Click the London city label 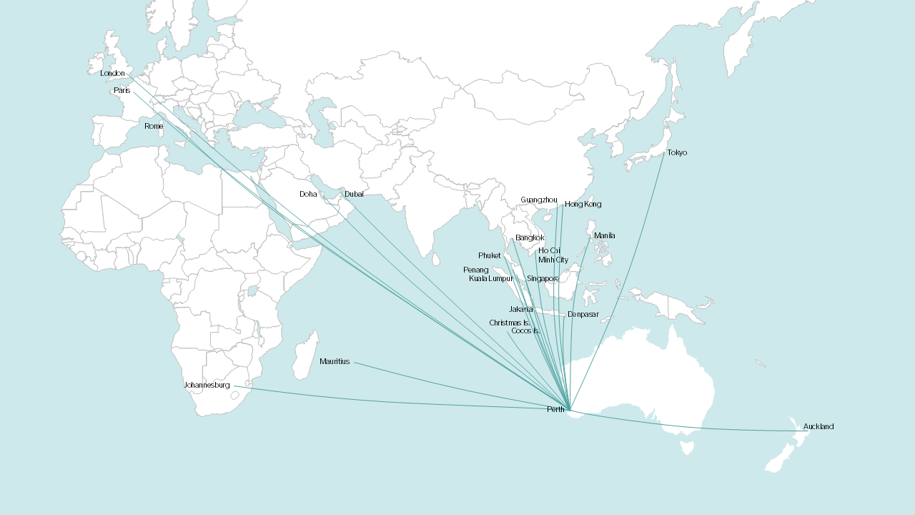112,74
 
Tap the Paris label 122,91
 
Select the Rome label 153,127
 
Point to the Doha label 307,195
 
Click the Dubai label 354,195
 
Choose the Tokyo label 676,153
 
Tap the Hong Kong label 583,205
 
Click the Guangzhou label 538,200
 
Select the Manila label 604,236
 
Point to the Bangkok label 530,238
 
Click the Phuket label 490,256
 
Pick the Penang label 475,270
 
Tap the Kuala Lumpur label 491,279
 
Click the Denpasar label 583,315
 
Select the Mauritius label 335,362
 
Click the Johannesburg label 207,386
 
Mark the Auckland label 818,427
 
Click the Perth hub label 555,410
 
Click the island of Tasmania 687,448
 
